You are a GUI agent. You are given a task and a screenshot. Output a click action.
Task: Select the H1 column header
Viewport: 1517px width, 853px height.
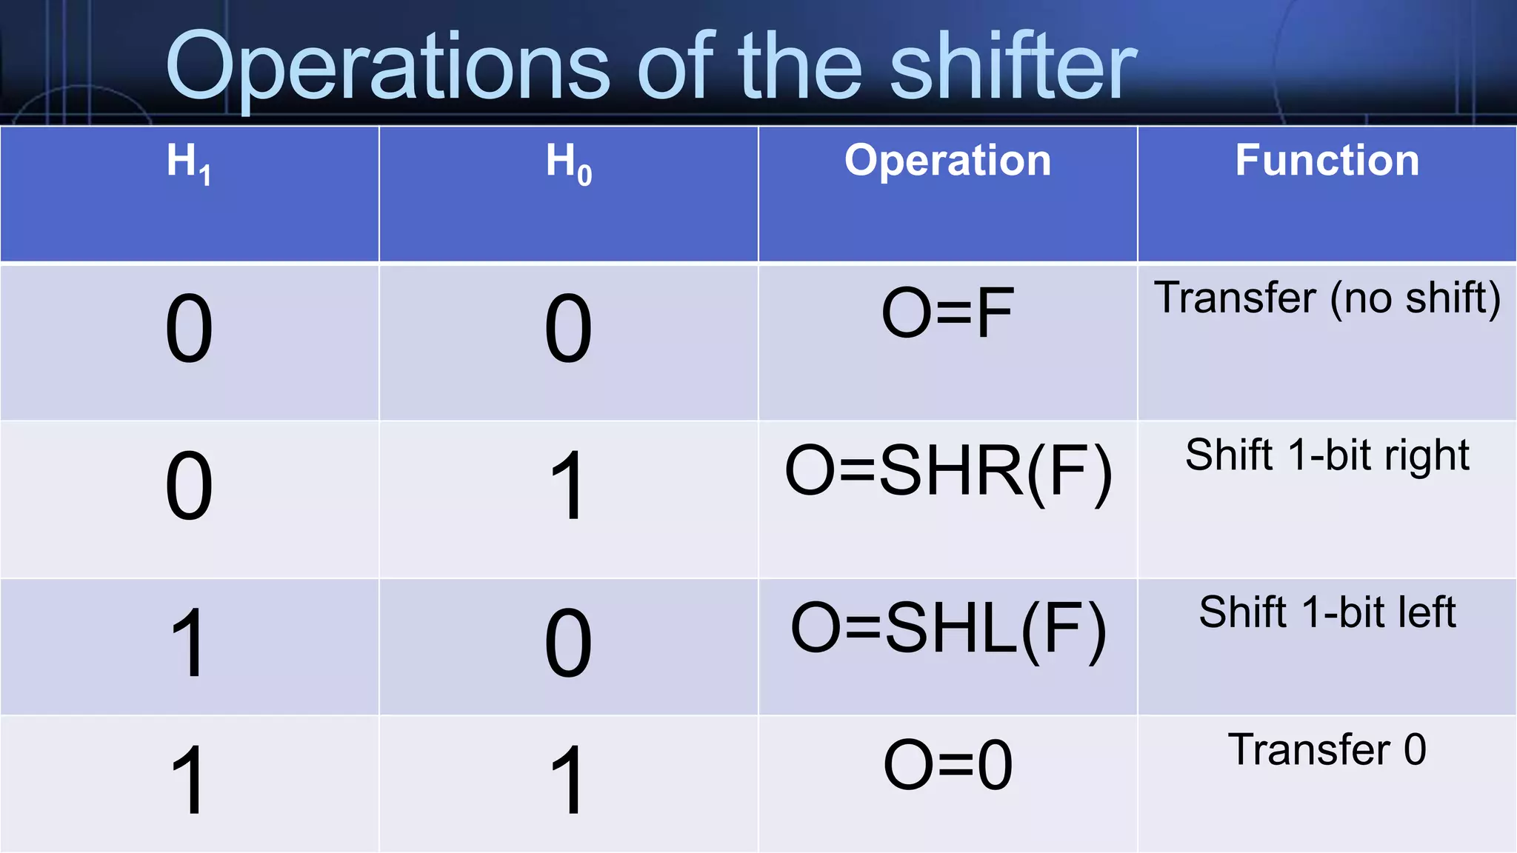[x=189, y=162]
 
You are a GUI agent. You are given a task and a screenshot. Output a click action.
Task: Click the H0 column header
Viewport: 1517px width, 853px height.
[x=568, y=162]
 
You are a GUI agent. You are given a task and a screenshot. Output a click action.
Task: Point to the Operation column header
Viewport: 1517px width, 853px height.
[x=947, y=160]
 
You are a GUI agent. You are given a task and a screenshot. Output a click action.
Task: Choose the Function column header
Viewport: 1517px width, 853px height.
[x=1327, y=160]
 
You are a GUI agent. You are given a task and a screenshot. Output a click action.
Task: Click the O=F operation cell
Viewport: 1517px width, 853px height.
[x=947, y=313]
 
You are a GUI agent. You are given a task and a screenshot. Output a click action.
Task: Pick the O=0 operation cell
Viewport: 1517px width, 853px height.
[x=947, y=766]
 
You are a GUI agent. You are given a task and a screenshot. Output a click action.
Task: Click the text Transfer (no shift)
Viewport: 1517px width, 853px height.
[x=1327, y=298]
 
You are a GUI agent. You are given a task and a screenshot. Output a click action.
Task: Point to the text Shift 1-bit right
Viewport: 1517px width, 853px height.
[x=1327, y=455]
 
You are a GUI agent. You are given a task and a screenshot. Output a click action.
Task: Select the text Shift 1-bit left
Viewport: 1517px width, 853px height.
[x=1327, y=612]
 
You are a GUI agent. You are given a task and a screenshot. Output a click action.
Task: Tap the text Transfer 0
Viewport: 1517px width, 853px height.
[x=1327, y=749]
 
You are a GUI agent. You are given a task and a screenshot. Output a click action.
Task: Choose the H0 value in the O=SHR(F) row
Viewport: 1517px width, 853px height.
[x=568, y=486]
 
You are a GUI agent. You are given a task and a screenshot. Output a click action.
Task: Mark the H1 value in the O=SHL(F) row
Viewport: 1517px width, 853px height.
[x=189, y=643]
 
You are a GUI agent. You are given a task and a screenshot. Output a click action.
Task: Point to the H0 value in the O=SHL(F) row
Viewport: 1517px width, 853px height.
[x=568, y=643]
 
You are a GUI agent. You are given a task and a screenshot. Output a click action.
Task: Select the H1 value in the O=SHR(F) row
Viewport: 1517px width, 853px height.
[x=189, y=486]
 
